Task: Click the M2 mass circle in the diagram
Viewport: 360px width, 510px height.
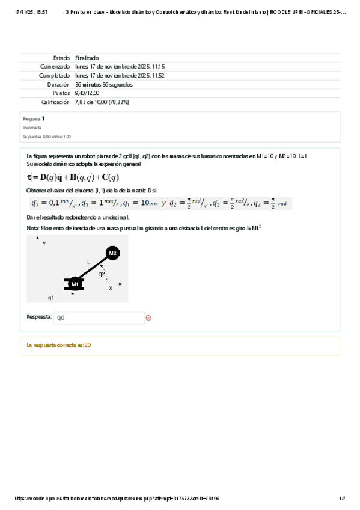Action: (x=112, y=253)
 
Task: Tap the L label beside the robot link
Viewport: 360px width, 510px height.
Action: (x=88, y=262)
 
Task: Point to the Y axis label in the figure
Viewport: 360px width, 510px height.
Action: (x=44, y=244)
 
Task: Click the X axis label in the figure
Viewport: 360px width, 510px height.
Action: (x=111, y=289)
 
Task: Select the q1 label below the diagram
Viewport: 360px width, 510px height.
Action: (x=51, y=298)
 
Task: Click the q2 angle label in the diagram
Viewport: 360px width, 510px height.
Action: (x=103, y=274)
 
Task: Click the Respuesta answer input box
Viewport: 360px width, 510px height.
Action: (x=99, y=318)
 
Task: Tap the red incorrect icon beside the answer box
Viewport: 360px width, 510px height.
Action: (x=149, y=318)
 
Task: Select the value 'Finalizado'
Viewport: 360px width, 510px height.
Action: (x=87, y=58)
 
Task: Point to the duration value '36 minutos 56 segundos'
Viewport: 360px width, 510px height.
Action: (x=104, y=85)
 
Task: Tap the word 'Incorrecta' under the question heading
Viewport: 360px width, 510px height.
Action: (x=32, y=128)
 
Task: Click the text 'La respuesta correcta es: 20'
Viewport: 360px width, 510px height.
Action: (x=59, y=345)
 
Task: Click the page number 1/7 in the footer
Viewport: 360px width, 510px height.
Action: (x=341, y=499)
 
